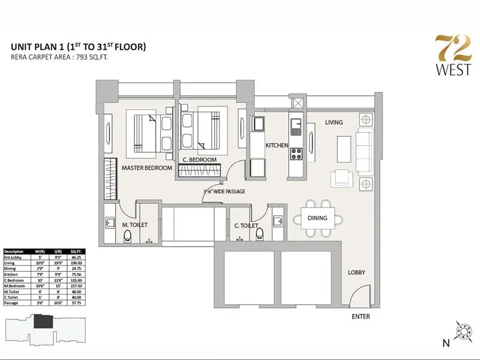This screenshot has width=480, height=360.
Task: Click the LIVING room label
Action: pyautogui.click(x=334, y=122)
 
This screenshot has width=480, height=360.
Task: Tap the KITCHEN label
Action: pyautogui.click(x=277, y=146)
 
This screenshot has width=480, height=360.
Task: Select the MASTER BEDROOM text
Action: pyautogui.click(x=147, y=168)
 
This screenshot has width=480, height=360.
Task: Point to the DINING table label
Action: pyautogui.click(x=318, y=218)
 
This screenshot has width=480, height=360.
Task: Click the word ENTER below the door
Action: pyautogui.click(x=361, y=317)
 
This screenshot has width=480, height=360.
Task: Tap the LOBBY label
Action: pyautogui.click(x=356, y=273)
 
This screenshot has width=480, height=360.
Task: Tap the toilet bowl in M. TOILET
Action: pyautogui.click(x=126, y=238)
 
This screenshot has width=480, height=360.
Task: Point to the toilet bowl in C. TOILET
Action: pyautogui.click(x=259, y=236)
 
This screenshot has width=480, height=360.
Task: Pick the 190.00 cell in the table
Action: pyautogui.click(x=77, y=262)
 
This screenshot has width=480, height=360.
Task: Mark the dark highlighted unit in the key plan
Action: pyautogui.click(x=43, y=322)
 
